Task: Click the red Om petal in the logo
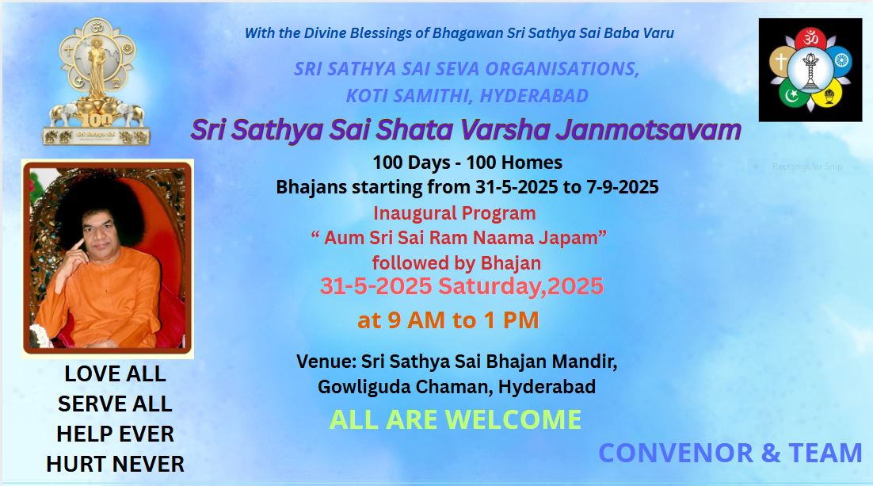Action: pos(810,39)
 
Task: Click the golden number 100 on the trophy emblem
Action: pos(97,119)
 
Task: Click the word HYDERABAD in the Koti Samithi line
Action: pos(534,96)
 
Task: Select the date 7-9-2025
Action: pos(623,186)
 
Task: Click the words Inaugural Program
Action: pos(454,213)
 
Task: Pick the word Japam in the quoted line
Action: pos(569,238)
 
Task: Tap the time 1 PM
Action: pos(511,320)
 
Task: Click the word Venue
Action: pos(325,362)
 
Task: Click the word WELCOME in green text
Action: pos(510,419)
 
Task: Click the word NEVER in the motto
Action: pos(151,464)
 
